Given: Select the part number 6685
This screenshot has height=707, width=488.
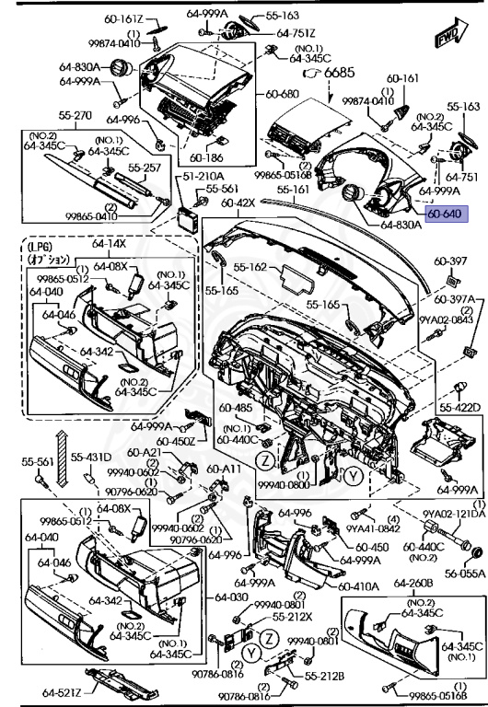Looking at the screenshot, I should point(338,72).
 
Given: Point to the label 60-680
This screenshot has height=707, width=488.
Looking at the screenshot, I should point(283,94).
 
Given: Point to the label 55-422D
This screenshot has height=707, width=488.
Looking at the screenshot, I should point(459,407).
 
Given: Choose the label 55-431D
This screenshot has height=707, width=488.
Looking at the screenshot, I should point(92,458).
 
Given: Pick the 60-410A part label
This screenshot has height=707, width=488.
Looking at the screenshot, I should point(357,585).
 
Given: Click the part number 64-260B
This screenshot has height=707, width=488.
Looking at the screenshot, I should point(413,584).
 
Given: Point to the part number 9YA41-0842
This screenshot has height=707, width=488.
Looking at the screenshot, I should point(372,528).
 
